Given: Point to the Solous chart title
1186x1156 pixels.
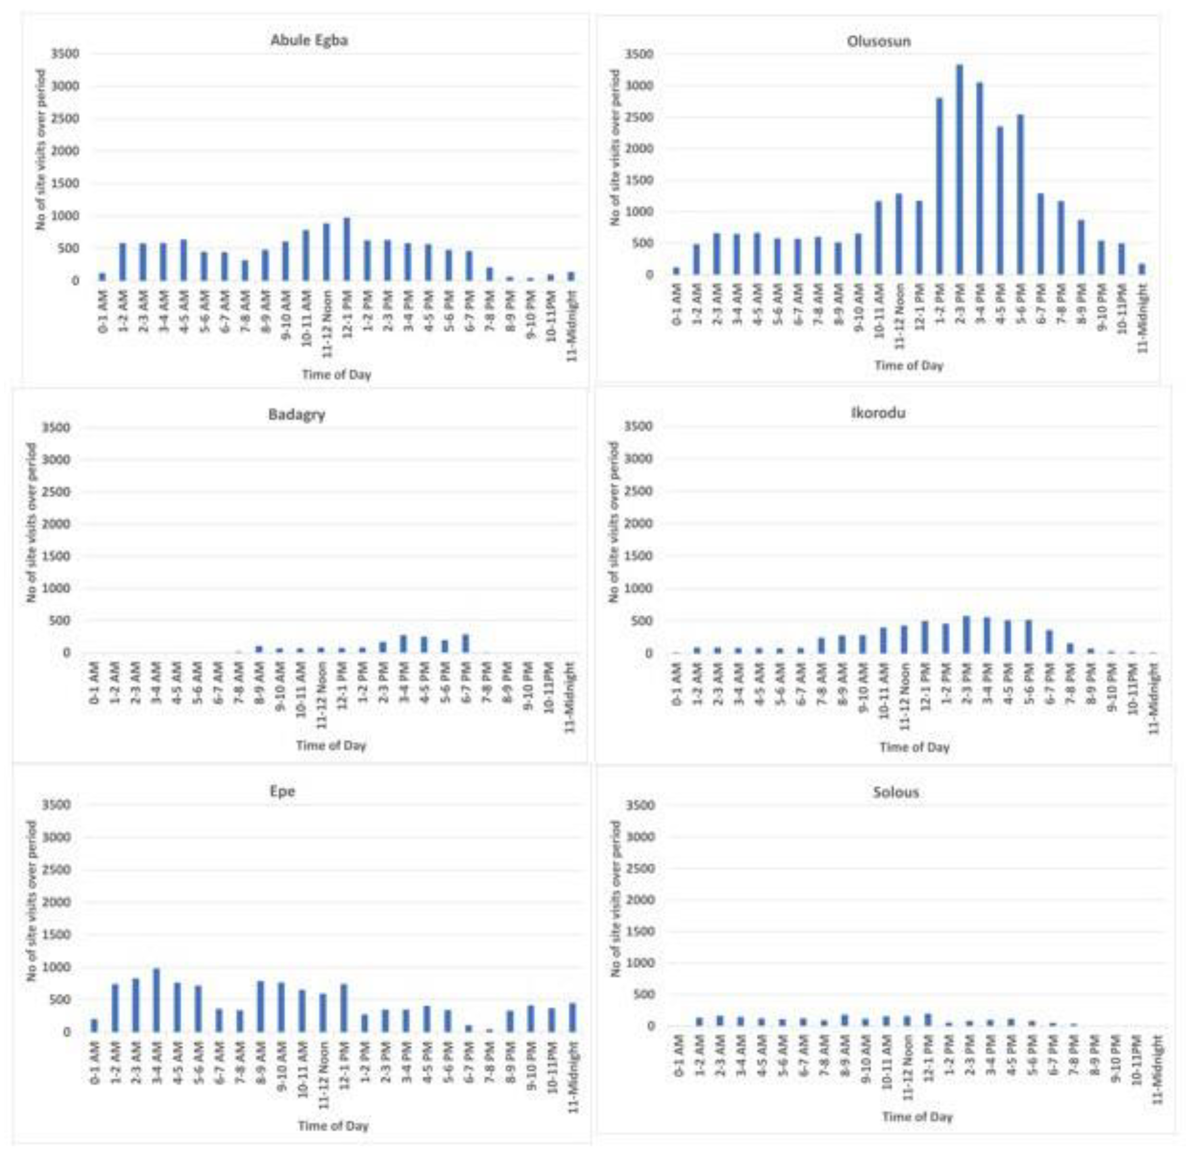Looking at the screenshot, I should click(x=896, y=792).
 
